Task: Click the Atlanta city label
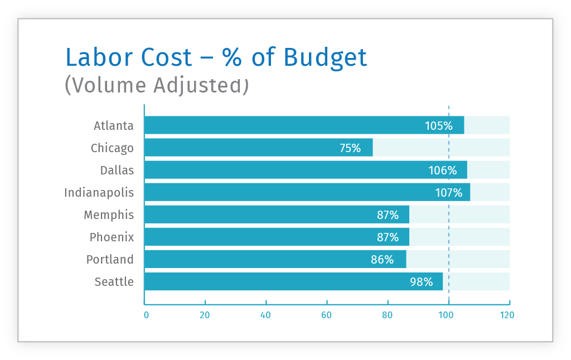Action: pos(114,125)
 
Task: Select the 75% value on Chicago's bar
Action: pos(350,148)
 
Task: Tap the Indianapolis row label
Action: pos(99,193)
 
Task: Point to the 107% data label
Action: pos(449,193)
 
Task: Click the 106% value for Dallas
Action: pos(443,171)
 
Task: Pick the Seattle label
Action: pos(114,282)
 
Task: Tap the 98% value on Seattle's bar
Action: pos(422,282)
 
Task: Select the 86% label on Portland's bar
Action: pos(383,260)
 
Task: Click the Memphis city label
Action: pos(109,215)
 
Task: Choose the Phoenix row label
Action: pos(112,237)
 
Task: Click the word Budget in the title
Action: pos(326,57)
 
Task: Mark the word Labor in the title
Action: pos(98,57)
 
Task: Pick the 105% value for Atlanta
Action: pos(439,126)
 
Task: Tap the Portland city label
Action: pos(110,260)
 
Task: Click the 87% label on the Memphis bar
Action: pos(388,215)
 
